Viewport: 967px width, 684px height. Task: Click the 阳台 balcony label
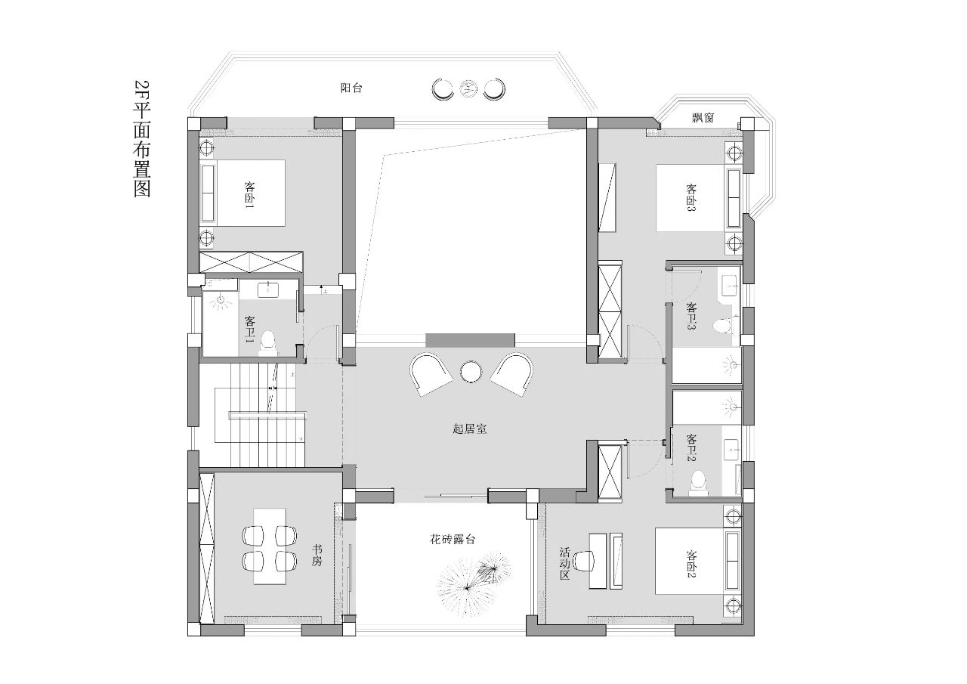click(x=351, y=88)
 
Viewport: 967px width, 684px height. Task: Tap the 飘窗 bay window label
click(x=703, y=118)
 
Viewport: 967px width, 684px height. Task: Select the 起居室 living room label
click(x=468, y=429)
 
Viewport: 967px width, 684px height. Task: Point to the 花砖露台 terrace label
click(x=455, y=540)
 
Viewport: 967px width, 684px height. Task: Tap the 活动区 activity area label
click(x=564, y=563)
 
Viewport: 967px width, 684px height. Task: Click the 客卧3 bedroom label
click(x=691, y=195)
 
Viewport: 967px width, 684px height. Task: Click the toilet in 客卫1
click(x=268, y=344)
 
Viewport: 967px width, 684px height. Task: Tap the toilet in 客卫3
click(x=722, y=326)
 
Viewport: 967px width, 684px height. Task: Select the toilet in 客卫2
click(x=699, y=480)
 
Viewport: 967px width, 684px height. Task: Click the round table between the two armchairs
click(x=471, y=372)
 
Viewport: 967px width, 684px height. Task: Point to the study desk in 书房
click(x=269, y=546)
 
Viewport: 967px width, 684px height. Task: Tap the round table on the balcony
click(x=468, y=89)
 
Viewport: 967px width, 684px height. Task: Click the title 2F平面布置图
click(x=142, y=138)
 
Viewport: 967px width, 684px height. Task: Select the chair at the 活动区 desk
click(x=585, y=561)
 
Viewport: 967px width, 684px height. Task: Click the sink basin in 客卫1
click(x=270, y=289)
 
